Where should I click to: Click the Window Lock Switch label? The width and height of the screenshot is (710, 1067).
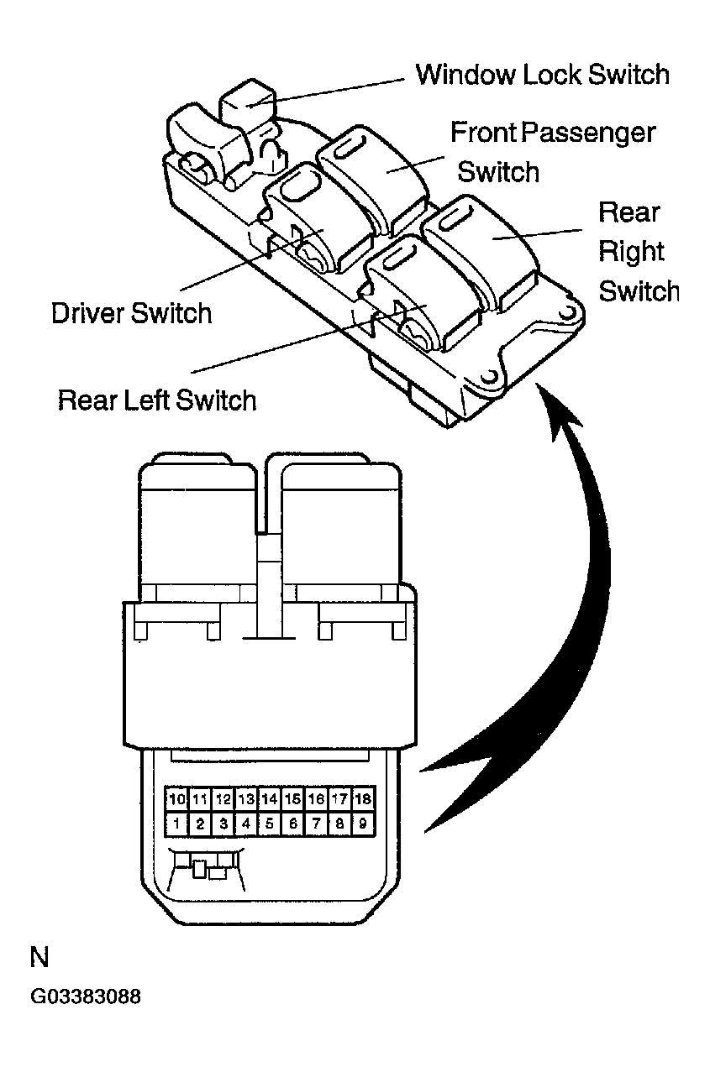pyautogui.click(x=542, y=75)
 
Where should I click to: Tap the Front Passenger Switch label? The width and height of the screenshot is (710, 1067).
pyautogui.click(x=552, y=152)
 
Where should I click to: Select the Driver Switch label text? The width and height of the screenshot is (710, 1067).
pyautogui.click(x=132, y=313)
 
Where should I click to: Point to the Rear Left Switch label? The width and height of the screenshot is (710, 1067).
pyautogui.click(x=157, y=400)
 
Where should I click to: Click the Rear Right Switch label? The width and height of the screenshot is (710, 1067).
pyautogui.click(x=638, y=252)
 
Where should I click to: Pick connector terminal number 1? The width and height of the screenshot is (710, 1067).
pyautogui.click(x=176, y=824)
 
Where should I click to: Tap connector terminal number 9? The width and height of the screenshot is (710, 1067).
pyautogui.click(x=362, y=824)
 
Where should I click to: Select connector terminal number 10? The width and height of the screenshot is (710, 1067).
pyautogui.click(x=176, y=798)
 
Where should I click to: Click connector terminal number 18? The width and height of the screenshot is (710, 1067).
pyautogui.click(x=362, y=798)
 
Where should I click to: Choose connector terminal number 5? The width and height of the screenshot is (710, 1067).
pyautogui.click(x=269, y=824)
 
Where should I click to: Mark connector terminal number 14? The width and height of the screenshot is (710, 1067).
pyautogui.click(x=269, y=798)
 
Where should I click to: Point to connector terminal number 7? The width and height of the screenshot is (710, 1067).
pyautogui.click(x=316, y=824)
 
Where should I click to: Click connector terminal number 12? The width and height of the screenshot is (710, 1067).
pyautogui.click(x=223, y=798)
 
